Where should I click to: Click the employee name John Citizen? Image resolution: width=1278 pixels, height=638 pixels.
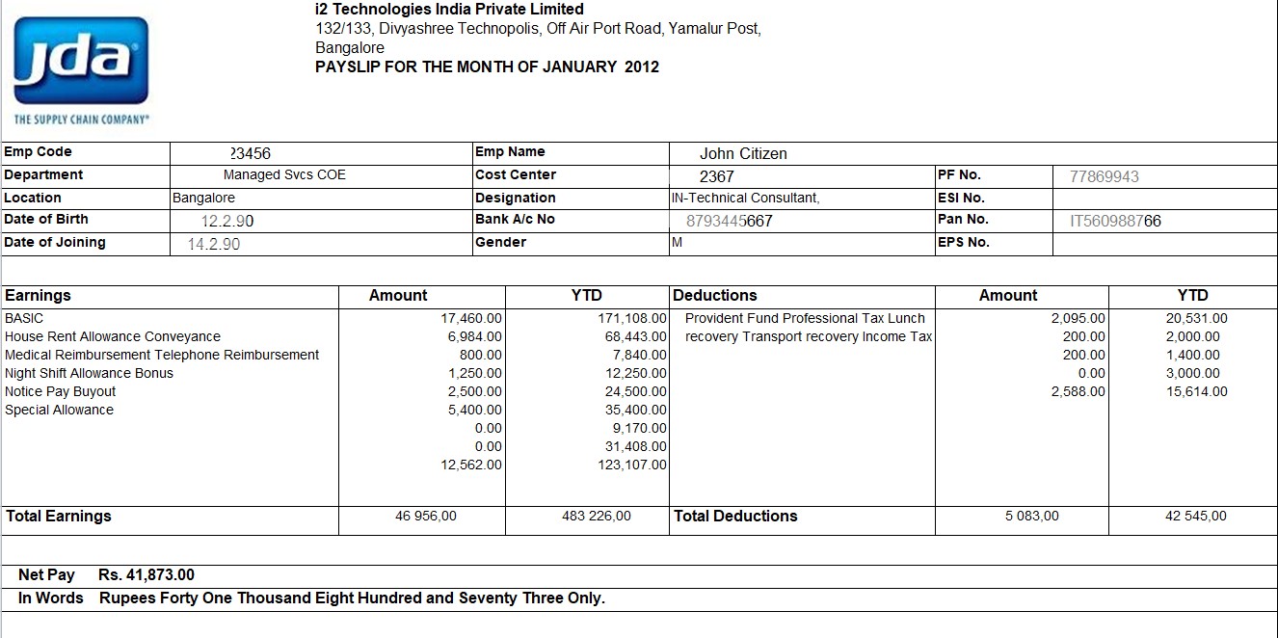click(x=743, y=153)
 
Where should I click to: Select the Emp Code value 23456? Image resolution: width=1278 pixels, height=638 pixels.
click(x=256, y=153)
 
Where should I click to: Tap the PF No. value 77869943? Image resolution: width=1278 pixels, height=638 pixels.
click(x=1105, y=176)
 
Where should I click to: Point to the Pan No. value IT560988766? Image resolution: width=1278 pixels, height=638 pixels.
click(x=1115, y=221)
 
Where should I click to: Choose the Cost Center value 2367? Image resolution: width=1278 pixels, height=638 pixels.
click(x=716, y=176)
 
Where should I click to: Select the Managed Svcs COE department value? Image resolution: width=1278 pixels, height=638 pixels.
click(x=284, y=175)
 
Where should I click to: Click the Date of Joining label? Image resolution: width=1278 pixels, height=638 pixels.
click(x=55, y=242)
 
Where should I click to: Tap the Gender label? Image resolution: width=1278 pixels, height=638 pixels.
click(x=500, y=242)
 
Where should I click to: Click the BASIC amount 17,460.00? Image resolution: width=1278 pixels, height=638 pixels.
click(x=471, y=318)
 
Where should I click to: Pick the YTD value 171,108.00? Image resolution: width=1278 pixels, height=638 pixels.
click(x=632, y=318)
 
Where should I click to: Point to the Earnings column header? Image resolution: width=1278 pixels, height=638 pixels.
click(x=38, y=296)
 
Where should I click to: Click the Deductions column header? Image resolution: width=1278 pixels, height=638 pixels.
click(x=715, y=296)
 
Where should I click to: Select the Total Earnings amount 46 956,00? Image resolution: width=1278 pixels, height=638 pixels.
click(x=426, y=517)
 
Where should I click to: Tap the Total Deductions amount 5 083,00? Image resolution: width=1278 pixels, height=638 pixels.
click(x=1031, y=517)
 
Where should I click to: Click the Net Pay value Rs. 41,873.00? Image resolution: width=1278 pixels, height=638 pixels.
click(x=146, y=575)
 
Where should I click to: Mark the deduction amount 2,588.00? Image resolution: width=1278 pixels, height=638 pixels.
click(x=1078, y=391)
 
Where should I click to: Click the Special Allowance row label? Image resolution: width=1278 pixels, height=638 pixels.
click(x=59, y=410)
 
